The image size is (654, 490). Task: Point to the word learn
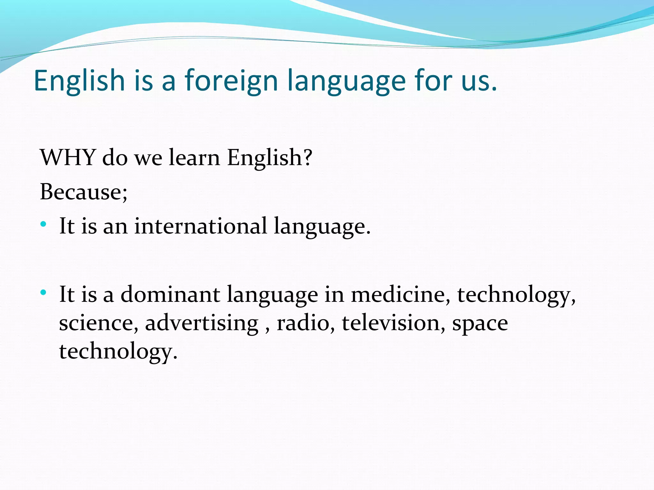click(x=194, y=158)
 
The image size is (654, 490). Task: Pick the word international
click(x=201, y=226)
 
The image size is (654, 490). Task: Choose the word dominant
click(x=170, y=294)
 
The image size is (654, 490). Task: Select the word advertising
click(x=202, y=323)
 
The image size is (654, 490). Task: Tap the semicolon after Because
click(x=124, y=195)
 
